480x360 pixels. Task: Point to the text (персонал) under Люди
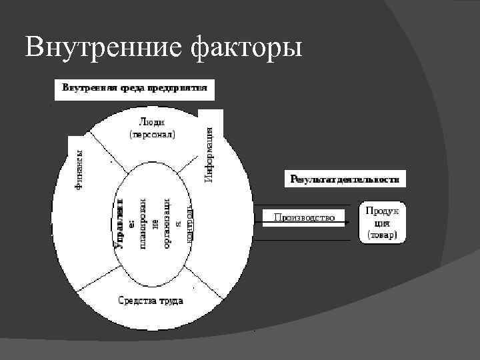(152, 134)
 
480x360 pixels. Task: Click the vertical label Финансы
(79, 170)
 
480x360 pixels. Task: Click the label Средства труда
(151, 300)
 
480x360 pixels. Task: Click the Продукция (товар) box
(382, 222)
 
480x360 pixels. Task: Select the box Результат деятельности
(345, 179)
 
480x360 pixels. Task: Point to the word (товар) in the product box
(382, 235)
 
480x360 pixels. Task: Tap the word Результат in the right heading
(312, 179)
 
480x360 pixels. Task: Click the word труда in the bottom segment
(170, 300)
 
